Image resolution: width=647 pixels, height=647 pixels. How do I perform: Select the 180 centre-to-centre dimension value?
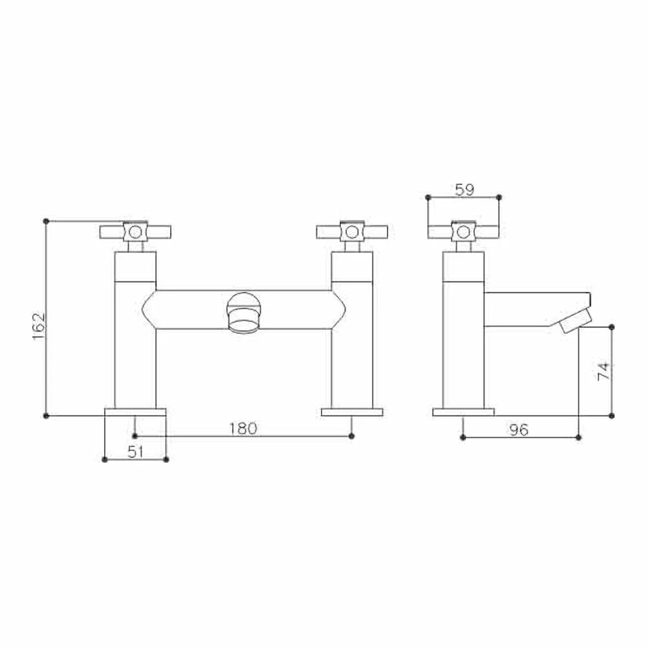pos(243,428)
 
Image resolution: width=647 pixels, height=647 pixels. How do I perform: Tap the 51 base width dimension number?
pos(135,452)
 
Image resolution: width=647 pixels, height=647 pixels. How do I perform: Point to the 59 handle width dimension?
pos(464,190)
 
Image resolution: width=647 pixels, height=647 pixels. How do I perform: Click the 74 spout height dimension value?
pos(603,371)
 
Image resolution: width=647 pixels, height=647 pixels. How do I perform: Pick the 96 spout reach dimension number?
pos(518,430)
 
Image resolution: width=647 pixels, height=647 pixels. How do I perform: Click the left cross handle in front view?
pos(135,232)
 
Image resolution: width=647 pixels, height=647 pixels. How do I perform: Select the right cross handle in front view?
pos(352,232)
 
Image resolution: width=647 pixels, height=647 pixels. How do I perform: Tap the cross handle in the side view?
pos(463,232)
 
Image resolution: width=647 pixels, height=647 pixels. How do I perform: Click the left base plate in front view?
pos(135,411)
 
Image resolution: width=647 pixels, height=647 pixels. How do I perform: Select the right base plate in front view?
pos(352,411)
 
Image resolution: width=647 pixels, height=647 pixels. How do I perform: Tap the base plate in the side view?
pos(463,411)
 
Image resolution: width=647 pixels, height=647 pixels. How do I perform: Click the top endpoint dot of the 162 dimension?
pos(46,221)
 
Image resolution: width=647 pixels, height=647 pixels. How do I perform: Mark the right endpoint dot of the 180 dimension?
pos(351,436)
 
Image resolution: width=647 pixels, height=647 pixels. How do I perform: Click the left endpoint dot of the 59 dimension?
pos(428,197)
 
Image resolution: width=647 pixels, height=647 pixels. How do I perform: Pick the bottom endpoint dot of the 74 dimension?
pos(612,415)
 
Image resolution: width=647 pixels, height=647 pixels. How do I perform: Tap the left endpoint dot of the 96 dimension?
pos(463,437)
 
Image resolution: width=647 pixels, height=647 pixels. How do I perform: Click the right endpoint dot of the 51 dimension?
pos(166,459)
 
